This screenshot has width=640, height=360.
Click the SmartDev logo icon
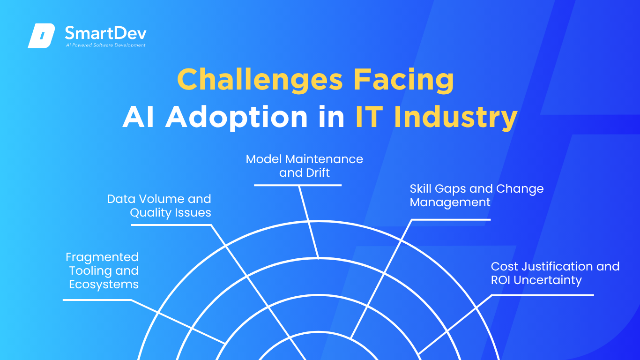41,36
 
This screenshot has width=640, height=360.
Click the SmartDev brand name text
106,33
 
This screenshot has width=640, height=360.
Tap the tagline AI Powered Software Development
106,45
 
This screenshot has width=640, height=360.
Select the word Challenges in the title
260,80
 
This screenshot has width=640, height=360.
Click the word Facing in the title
404,80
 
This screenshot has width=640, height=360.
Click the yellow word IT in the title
369,117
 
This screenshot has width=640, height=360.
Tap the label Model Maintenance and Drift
304,166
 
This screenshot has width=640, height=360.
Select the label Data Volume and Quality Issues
159,206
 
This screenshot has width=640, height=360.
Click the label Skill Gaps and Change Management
476,195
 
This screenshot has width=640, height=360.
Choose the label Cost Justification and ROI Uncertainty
555,273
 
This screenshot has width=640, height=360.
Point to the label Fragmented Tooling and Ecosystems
102,270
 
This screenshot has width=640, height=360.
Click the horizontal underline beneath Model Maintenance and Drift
298,185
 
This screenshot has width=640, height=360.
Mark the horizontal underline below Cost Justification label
543,295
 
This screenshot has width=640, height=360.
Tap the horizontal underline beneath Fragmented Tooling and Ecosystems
97,300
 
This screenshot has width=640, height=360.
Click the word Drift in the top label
318,172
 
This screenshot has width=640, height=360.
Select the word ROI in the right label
500,280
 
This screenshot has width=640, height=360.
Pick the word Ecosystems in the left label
104,285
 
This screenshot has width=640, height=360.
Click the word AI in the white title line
138,117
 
